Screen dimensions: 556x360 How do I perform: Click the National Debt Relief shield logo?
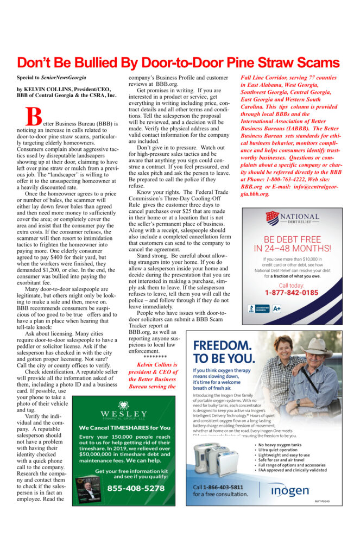point(273,218)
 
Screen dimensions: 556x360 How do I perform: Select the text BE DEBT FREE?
point(291,239)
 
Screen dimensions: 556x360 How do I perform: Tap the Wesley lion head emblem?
point(123,405)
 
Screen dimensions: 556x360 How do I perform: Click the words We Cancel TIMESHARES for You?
point(124,427)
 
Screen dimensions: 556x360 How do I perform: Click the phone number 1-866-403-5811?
point(218,487)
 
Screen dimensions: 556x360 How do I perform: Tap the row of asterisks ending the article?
point(151,356)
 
